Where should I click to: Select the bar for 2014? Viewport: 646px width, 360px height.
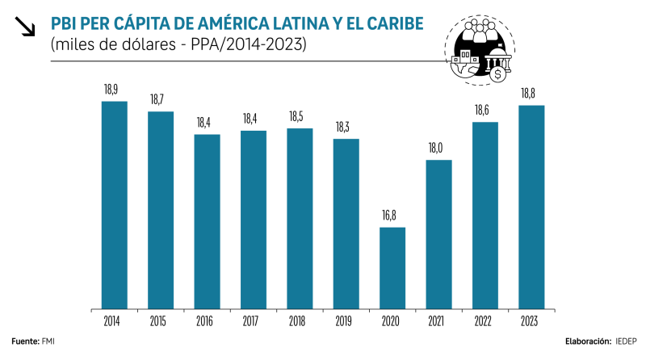tap(114, 205)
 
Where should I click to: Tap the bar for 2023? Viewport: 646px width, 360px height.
tap(531, 207)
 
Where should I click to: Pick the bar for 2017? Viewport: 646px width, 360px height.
tap(254, 220)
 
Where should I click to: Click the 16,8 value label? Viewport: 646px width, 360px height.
tap(392, 216)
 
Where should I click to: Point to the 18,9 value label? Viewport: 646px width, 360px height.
tap(114, 90)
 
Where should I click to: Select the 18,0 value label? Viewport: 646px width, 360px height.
tap(438, 149)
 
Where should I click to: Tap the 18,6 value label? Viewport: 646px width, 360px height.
tap(485, 110)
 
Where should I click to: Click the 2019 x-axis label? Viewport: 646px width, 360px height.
tap(346, 322)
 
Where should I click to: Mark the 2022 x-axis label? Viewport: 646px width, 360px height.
tap(485, 322)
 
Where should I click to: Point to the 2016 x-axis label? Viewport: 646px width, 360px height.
tap(207, 322)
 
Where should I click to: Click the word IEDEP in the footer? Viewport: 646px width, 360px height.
tap(625, 342)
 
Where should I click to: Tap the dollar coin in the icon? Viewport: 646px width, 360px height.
tap(498, 74)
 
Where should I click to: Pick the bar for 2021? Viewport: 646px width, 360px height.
tap(438, 234)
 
